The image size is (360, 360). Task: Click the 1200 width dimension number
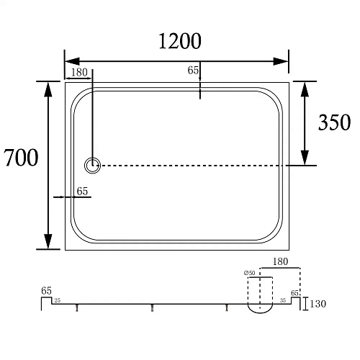(180, 41)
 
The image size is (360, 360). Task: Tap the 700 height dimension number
(21, 158)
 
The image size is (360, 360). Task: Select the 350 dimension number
(334, 122)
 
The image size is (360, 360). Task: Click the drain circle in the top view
(92, 166)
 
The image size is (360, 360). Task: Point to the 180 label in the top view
(79, 72)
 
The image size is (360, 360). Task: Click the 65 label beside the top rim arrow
(193, 70)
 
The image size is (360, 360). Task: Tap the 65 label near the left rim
(82, 192)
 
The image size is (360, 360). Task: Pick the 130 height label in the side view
(318, 304)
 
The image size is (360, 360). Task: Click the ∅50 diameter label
(250, 273)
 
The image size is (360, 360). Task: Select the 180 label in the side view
(280, 261)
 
